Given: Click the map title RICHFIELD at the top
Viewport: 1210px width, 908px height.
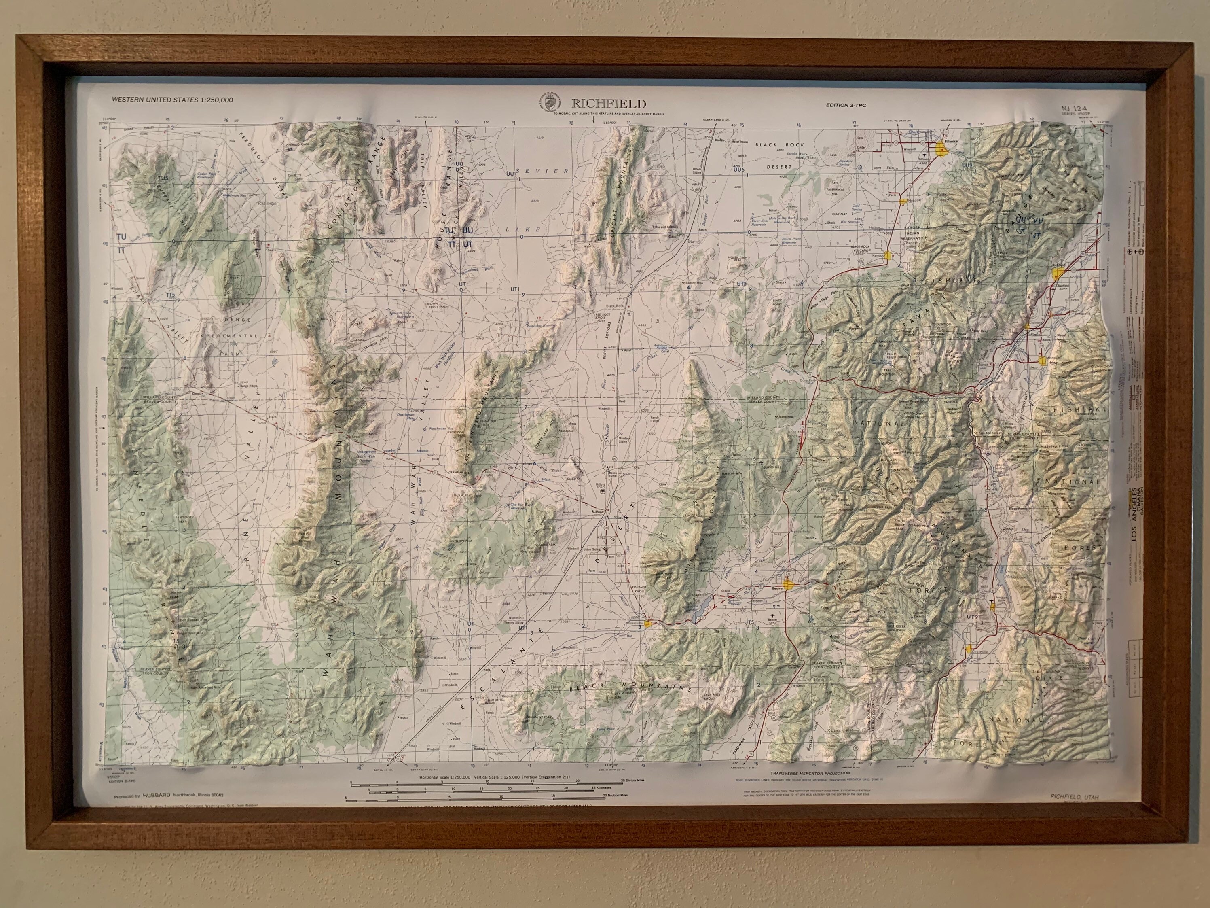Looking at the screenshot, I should pos(608,104).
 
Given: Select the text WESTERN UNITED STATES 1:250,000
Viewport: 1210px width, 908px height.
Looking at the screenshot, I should pos(172,100).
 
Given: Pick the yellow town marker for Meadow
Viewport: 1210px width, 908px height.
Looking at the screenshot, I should pos(901,201).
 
